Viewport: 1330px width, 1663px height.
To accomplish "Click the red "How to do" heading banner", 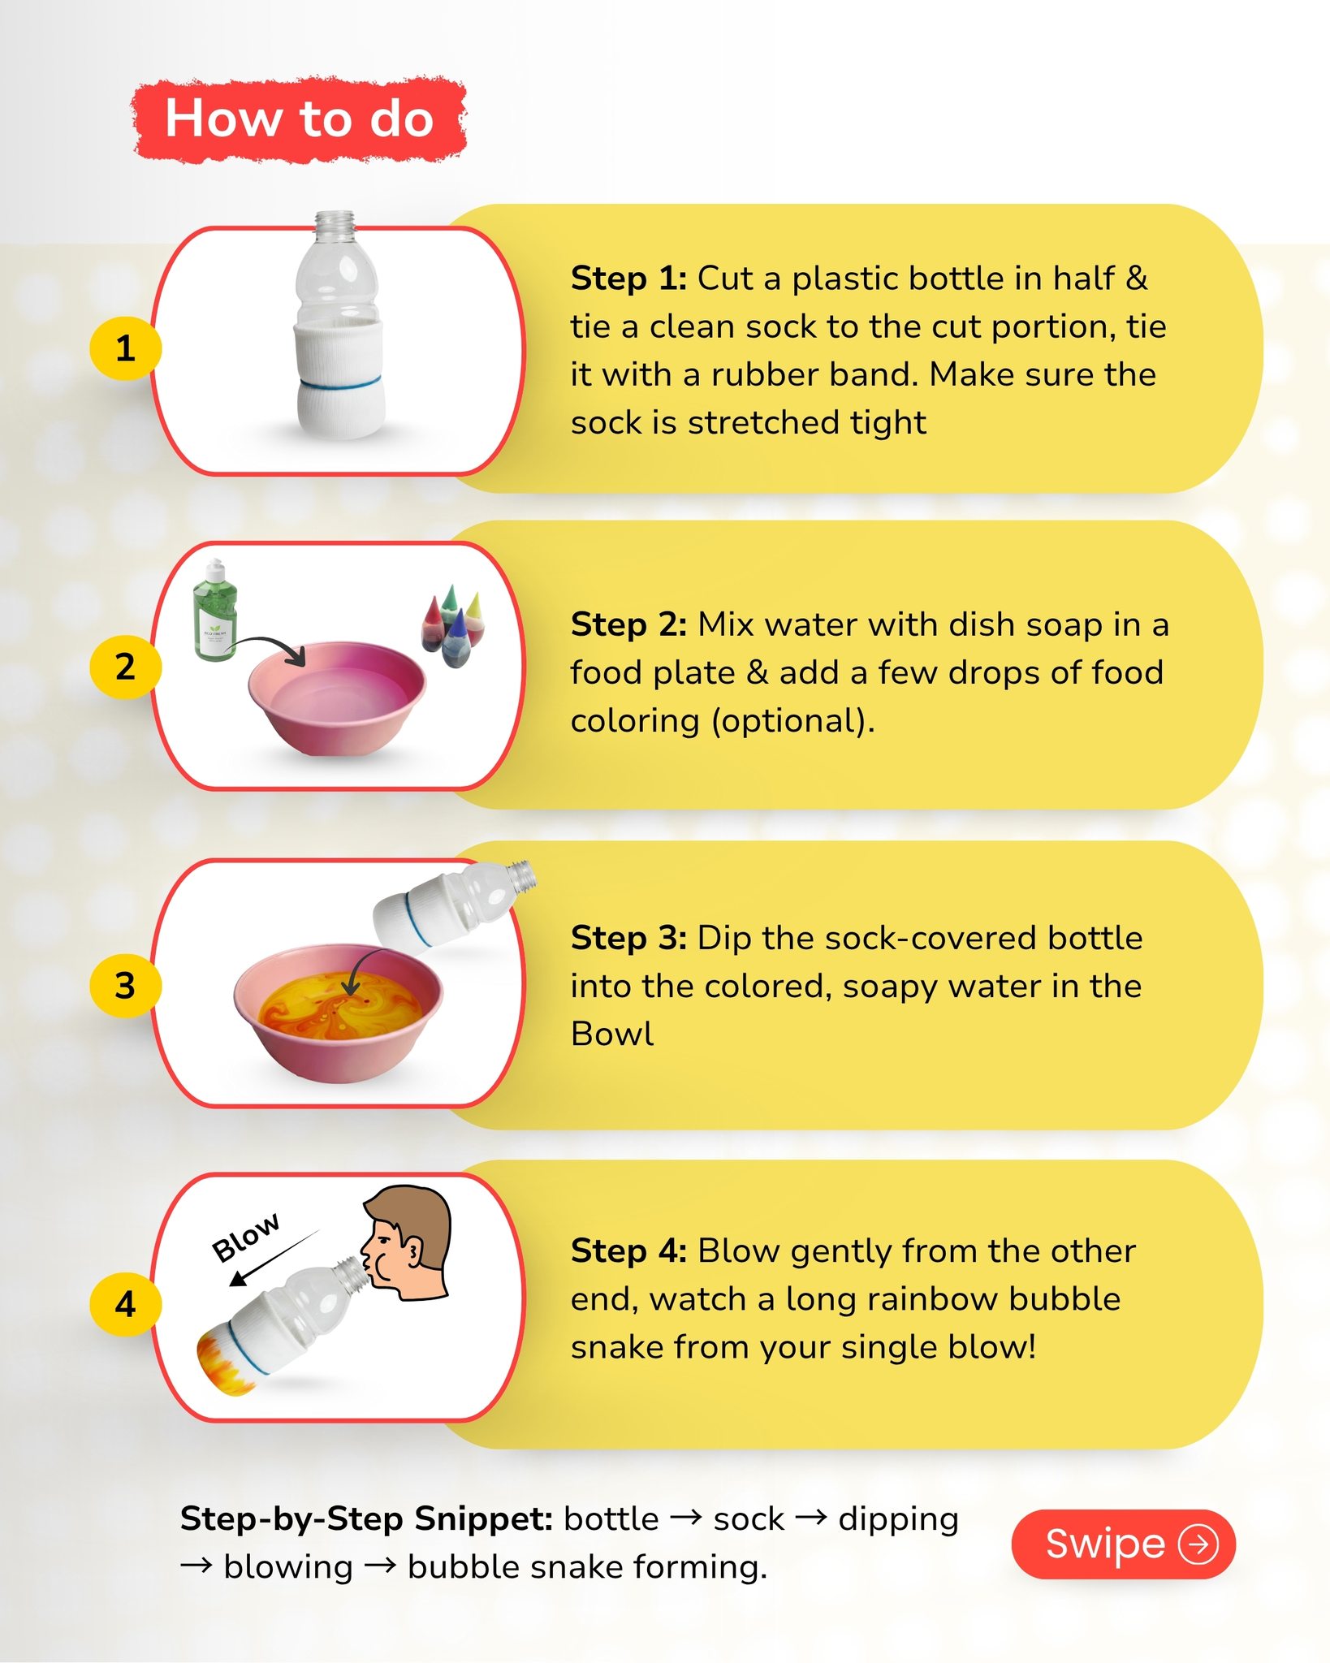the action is [x=300, y=119].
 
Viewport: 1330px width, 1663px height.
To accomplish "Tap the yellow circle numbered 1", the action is [x=125, y=348].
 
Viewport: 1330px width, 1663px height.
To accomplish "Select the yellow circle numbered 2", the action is [x=125, y=667].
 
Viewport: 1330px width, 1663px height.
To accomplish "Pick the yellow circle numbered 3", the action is [x=125, y=986].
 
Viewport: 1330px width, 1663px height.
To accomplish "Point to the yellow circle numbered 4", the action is [x=125, y=1304].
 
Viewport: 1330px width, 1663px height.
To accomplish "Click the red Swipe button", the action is [x=1124, y=1544].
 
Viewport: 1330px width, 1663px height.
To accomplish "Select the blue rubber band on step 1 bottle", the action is [x=339, y=381].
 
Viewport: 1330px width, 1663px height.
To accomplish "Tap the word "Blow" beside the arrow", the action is [x=245, y=1238].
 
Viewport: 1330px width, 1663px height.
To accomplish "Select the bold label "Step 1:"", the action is [x=628, y=279].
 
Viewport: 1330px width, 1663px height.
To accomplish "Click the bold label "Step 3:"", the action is [x=628, y=938].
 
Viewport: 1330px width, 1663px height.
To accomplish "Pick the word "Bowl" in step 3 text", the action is [x=612, y=1034].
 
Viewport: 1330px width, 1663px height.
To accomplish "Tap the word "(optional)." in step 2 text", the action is [x=793, y=721].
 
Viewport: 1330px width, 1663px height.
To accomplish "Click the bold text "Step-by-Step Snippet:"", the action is [x=366, y=1518].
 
